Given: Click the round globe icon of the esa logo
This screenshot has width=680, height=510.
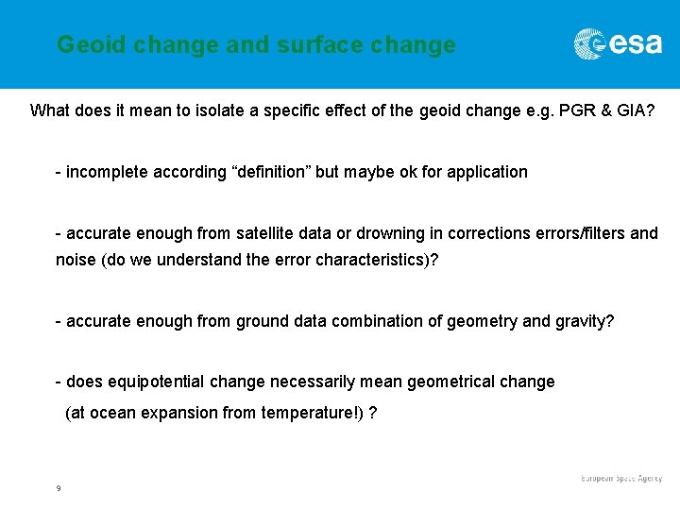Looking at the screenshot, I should click(590, 44).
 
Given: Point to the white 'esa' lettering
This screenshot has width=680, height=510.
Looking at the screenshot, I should click(636, 44).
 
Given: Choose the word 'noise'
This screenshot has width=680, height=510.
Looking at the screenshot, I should click(76, 260).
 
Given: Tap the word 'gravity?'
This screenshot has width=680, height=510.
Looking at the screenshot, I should click(585, 321).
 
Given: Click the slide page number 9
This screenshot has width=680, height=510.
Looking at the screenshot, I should click(59, 488).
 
